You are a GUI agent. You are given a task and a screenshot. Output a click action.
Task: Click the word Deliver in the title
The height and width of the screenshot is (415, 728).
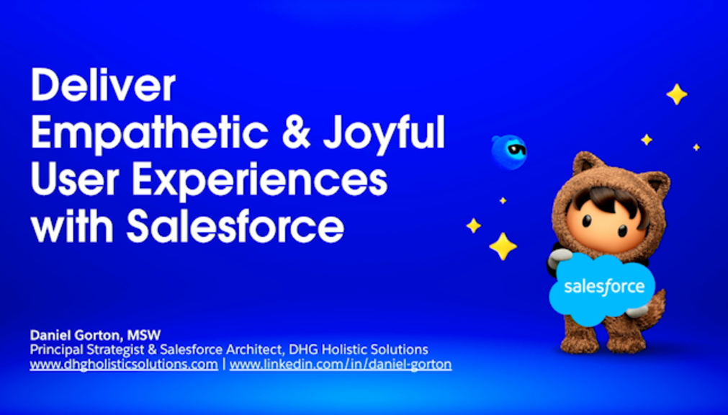pyautogui.click(x=103, y=85)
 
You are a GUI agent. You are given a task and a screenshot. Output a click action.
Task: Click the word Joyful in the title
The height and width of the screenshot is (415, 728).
pyautogui.click(x=384, y=134)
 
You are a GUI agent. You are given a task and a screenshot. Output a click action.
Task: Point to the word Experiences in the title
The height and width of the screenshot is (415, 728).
pyautogui.click(x=259, y=181)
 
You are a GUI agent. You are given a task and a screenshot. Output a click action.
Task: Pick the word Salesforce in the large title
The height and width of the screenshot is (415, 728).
pyautogui.click(x=235, y=226)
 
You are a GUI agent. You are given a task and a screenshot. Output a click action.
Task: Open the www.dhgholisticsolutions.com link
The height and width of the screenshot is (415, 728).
pyautogui.click(x=124, y=364)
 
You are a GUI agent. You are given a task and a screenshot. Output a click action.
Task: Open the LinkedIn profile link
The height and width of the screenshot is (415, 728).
pyautogui.click(x=341, y=364)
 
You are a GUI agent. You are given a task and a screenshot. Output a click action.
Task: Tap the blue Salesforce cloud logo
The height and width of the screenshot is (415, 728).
pyautogui.click(x=603, y=288)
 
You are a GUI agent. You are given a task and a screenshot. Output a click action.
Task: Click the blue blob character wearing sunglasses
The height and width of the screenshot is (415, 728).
pyautogui.click(x=509, y=151)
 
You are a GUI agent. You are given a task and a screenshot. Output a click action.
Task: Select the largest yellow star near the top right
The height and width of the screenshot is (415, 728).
pyautogui.click(x=677, y=94)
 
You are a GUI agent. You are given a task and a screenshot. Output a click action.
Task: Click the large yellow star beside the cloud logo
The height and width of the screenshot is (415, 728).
pyautogui.click(x=503, y=246)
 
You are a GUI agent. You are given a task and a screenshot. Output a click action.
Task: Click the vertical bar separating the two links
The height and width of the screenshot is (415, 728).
pyautogui.click(x=224, y=364)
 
